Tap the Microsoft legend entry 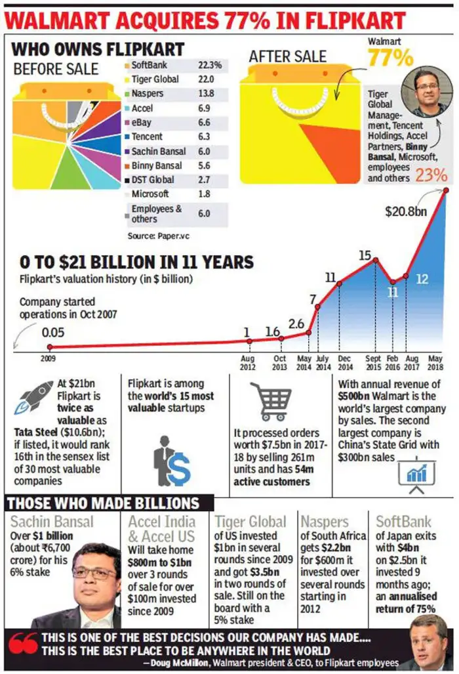coord(150,194)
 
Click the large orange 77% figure coord(389,58)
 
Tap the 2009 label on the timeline coord(48,359)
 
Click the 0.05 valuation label coord(53,332)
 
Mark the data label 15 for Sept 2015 coord(365,254)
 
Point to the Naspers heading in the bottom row coord(325,522)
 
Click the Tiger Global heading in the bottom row coord(250,522)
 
